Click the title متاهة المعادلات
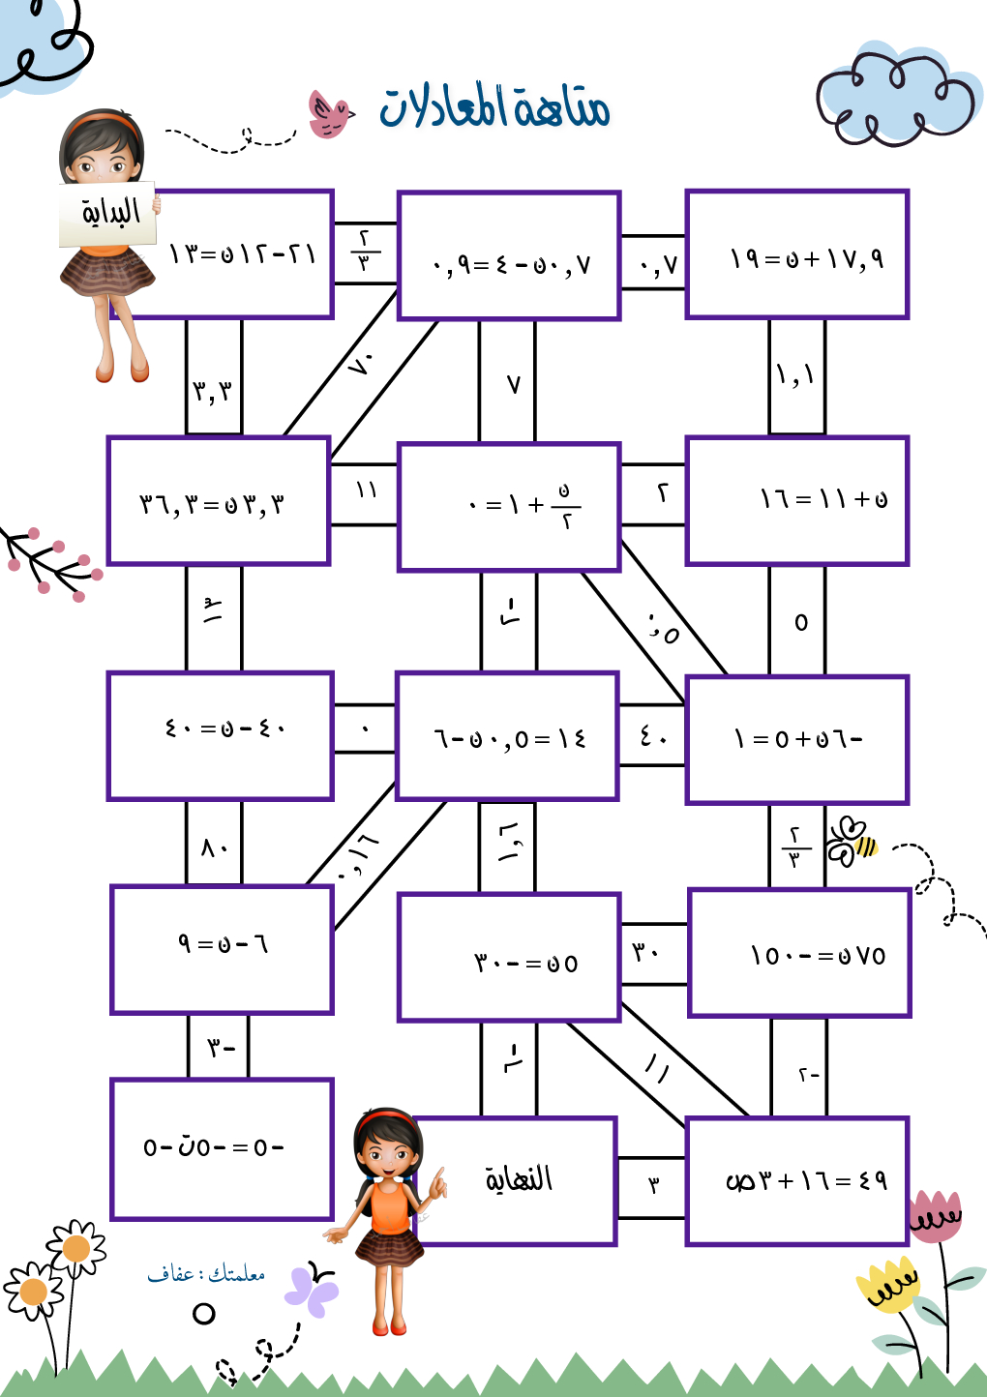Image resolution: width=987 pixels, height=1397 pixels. tap(494, 105)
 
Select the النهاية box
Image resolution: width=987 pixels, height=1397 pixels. tap(519, 1180)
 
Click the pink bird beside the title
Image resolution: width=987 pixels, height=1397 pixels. tap(329, 114)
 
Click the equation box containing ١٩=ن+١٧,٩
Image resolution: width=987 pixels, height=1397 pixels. tap(797, 255)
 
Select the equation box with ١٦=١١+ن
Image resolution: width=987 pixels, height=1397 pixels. tap(797, 500)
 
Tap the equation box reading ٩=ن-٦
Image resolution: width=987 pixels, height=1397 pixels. tap(223, 949)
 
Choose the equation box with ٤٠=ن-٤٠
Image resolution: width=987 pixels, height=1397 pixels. tap(221, 735)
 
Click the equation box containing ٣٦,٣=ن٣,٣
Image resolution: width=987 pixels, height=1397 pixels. tap(219, 500)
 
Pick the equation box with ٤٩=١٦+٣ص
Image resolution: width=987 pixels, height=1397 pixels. tap(797, 1181)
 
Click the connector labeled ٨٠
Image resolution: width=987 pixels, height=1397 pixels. tap(214, 847)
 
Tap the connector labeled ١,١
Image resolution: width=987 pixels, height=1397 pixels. tap(797, 375)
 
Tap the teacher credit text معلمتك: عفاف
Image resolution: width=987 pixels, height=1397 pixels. tap(206, 1273)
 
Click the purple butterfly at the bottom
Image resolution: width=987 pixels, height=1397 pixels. tap(312, 1291)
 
